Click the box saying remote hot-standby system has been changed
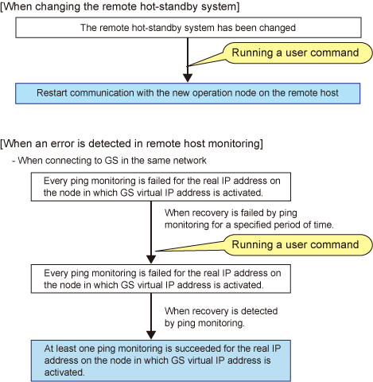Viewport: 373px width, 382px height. pyautogui.click(x=188, y=28)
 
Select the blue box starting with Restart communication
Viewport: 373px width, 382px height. pyautogui.click(x=188, y=93)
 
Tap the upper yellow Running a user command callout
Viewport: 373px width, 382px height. pyautogui.click(x=296, y=53)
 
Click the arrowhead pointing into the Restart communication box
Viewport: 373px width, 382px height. pyautogui.click(x=188, y=78)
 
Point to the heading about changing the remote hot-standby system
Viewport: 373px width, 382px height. pyautogui.click(x=120, y=6)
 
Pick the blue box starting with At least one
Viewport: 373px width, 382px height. pyautogui.click(x=161, y=361)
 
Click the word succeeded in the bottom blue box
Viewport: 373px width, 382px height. pyautogui.click(x=197, y=349)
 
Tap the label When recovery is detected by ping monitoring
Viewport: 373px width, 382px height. pyautogui.click(x=221, y=317)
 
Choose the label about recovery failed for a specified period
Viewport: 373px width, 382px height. pyautogui.click(x=249, y=219)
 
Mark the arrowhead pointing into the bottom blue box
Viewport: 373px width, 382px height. pyautogui.click(x=151, y=335)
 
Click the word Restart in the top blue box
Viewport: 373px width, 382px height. pyautogui.click(x=52, y=93)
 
